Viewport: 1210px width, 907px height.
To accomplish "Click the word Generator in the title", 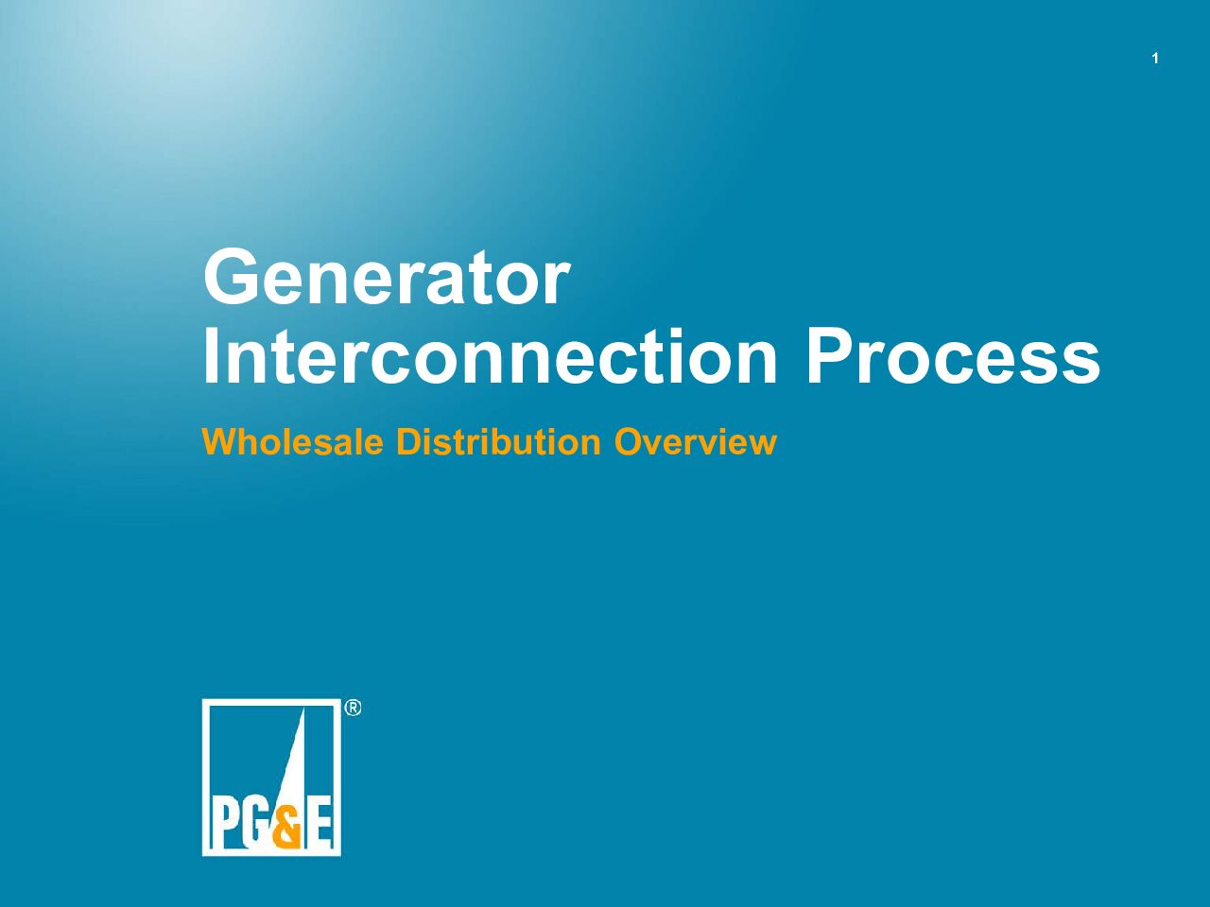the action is (387, 277).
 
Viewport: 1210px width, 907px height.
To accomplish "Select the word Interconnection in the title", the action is (490, 356).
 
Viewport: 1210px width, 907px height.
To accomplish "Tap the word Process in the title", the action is (953, 356).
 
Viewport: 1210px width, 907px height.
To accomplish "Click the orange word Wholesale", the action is (293, 441).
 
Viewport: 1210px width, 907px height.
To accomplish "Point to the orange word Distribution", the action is (498, 441).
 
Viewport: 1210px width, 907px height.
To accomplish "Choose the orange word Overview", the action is (696, 441).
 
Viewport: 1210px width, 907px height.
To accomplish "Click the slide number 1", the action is (1155, 59).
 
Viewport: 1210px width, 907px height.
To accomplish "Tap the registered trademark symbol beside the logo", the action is (353, 708).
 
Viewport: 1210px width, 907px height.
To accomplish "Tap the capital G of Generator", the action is (232, 277).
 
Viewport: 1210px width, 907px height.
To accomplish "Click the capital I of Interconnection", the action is (210, 356).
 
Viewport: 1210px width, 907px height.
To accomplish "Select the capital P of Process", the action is (830, 356).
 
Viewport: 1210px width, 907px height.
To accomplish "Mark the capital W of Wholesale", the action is (221, 441).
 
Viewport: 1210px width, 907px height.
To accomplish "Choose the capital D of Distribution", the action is (408, 441).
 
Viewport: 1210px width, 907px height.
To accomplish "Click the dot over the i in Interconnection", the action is (671, 334).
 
